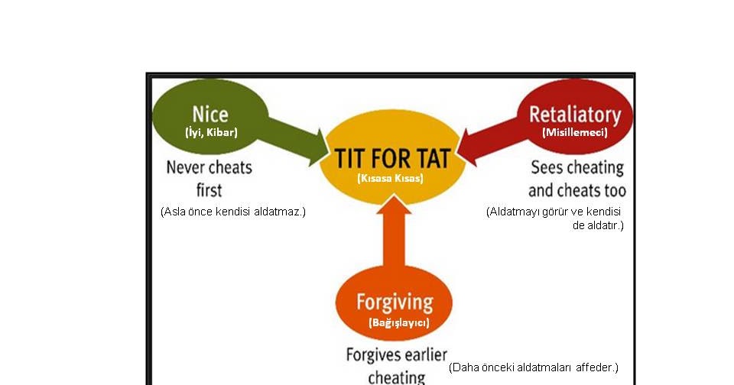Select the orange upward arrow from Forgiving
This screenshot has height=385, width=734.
point(395,232)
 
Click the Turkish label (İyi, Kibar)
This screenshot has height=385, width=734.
point(211,133)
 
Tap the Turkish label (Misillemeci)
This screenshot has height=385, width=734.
point(574,132)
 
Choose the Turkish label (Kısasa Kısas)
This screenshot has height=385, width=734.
point(390,178)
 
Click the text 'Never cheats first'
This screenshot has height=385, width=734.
point(209,177)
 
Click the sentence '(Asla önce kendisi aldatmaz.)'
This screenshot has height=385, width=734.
point(232,212)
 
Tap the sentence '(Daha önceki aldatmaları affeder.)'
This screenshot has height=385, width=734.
point(533,367)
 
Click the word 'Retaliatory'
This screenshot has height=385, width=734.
point(575,115)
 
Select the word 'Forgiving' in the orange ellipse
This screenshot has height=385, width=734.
point(395,301)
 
